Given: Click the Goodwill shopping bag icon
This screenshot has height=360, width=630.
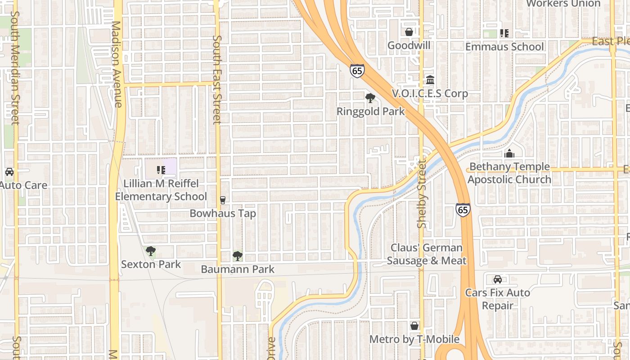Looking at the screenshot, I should point(409,32).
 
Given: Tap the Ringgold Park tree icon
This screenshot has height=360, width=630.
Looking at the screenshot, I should point(370,98).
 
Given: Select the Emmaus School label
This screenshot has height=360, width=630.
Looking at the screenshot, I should point(504,47).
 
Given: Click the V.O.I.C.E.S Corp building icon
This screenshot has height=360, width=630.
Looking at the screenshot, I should point(430,80).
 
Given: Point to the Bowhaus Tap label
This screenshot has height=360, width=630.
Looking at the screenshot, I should point(223,213).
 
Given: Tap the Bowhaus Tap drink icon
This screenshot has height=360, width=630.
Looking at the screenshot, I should point(222,200).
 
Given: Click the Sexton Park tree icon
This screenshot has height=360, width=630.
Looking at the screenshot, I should point(151,251).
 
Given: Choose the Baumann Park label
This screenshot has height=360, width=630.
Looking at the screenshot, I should point(238,269).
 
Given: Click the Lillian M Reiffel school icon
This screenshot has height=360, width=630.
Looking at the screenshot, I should point(161,170).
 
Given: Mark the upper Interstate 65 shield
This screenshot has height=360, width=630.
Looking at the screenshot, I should point(357,71).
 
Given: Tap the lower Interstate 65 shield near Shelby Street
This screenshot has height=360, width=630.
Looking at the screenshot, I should point(463,209).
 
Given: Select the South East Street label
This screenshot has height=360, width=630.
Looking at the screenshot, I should point(217,80).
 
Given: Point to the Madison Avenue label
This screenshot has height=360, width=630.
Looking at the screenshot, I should point(117,64).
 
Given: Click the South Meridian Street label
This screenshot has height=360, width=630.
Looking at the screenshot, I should point(15,67).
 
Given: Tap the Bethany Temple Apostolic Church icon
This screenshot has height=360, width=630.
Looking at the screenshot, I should point(509,153).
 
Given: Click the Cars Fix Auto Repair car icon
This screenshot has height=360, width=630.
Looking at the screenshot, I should point(498,279).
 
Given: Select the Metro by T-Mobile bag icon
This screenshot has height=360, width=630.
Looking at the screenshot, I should point(414,326).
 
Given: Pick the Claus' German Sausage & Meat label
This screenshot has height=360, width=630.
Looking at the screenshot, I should point(427,254).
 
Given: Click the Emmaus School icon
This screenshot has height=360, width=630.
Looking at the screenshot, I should point(504,33).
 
